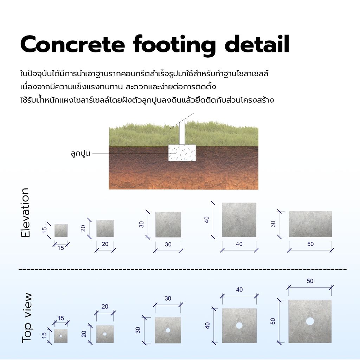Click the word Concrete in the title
click(72, 44)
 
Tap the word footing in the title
click(174, 45)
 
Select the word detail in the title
click(257, 44)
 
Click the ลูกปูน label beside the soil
click(81, 153)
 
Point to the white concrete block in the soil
click(182, 153)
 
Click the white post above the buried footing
click(182, 132)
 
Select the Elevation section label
click(25, 213)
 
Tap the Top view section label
click(27, 318)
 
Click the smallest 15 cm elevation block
click(61, 231)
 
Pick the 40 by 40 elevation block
click(239, 220)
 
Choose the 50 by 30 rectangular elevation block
click(310, 224)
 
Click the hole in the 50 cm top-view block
click(310, 321)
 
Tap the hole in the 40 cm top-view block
click(239, 325)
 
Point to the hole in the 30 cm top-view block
click(168, 330)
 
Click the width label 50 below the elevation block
click(310, 244)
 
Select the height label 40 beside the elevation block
click(207, 220)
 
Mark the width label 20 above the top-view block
click(105, 307)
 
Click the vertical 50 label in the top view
click(273, 321)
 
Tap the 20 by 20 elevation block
click(105, 229)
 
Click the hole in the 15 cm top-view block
click(61, 336)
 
